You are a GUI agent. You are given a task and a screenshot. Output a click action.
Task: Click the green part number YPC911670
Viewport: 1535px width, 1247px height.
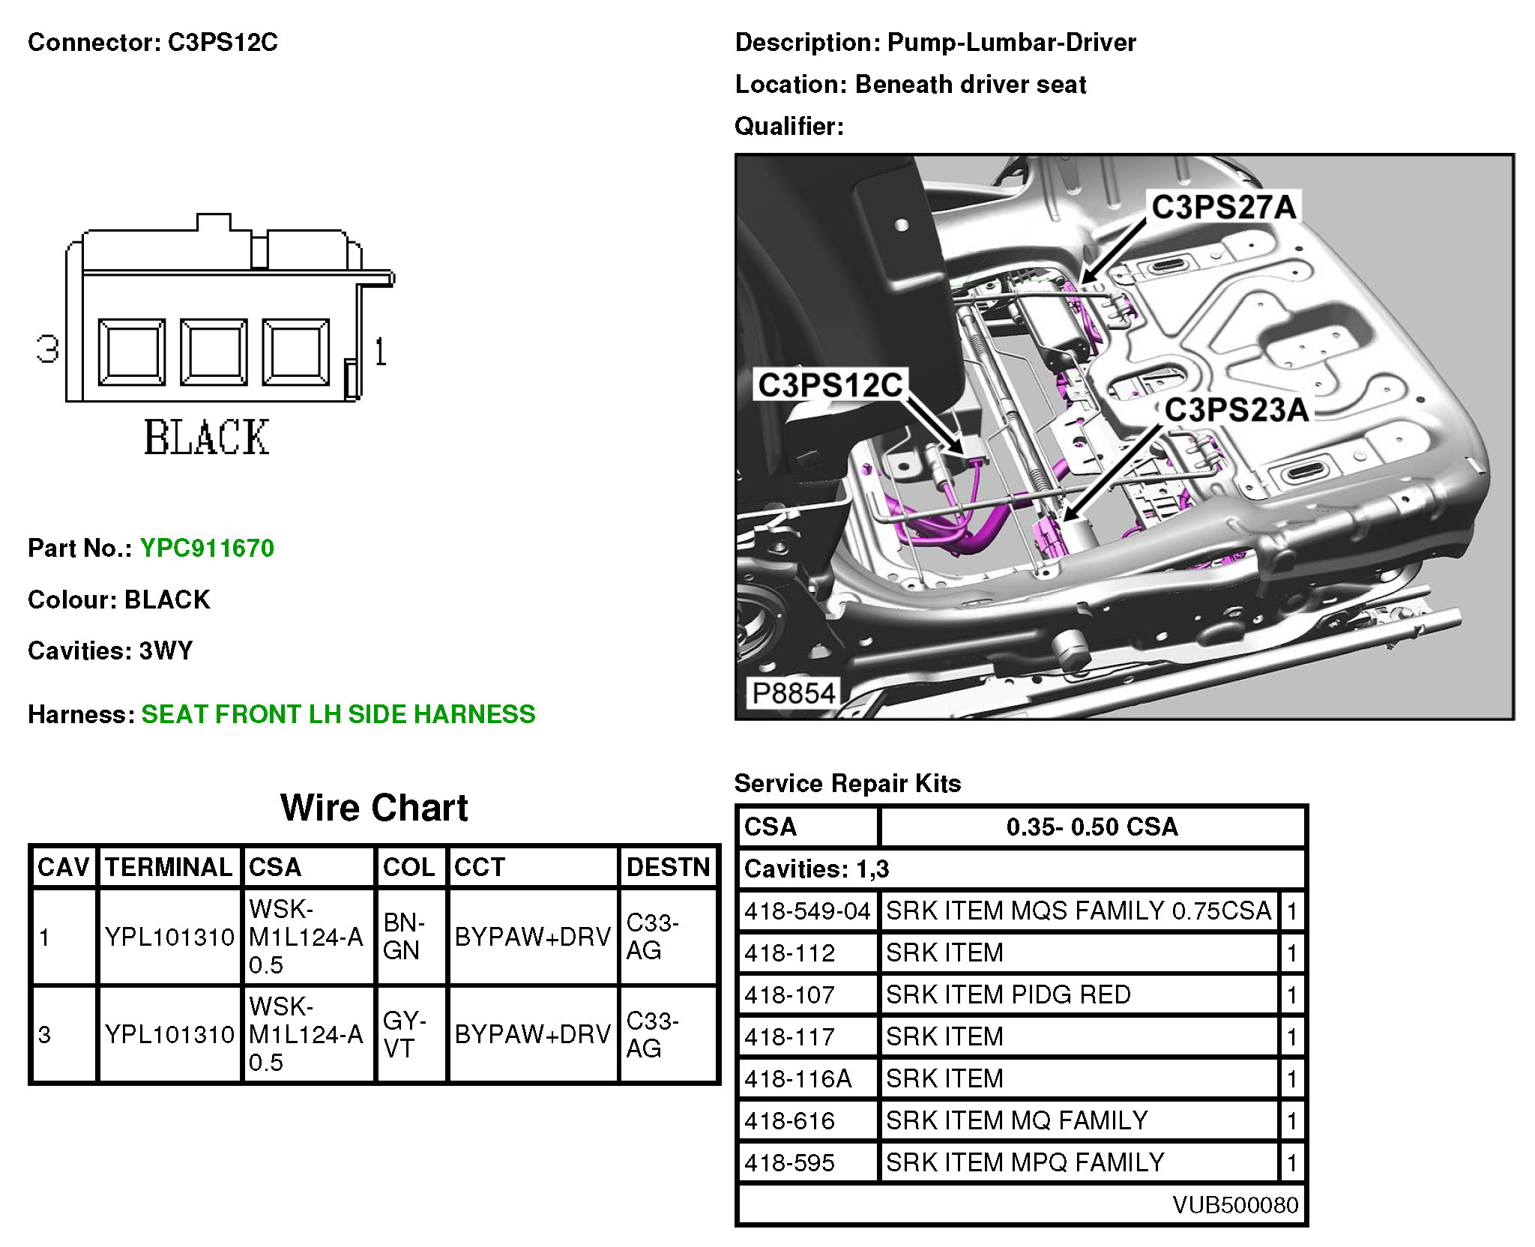207,548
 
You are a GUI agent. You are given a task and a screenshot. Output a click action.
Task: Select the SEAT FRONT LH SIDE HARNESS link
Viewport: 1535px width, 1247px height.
338,714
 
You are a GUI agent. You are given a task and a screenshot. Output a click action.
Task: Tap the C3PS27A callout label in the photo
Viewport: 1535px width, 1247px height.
1224,208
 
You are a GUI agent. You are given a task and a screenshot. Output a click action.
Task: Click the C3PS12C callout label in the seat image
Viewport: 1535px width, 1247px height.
830,385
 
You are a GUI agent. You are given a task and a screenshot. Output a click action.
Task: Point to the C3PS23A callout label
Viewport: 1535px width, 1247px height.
1237,410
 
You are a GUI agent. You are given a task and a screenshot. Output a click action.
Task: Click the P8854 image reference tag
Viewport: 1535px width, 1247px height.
793,693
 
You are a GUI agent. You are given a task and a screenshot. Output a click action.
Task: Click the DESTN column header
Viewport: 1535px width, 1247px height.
668,867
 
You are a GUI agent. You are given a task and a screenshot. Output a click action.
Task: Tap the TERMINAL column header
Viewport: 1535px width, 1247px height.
169,867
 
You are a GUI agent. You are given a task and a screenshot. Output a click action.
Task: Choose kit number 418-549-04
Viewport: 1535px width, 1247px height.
807,911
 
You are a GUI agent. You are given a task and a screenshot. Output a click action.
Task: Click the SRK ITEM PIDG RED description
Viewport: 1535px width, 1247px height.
1008,994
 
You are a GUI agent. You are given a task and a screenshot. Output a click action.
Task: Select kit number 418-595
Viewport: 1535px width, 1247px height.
789,1162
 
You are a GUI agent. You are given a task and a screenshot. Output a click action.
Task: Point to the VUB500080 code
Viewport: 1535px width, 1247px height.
1235,1204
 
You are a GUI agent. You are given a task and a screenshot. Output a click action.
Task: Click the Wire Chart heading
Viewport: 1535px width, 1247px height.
374,808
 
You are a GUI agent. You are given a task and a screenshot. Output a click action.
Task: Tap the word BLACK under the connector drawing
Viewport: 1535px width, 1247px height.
206,438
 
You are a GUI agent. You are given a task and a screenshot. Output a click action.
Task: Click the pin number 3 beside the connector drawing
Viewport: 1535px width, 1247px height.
48,349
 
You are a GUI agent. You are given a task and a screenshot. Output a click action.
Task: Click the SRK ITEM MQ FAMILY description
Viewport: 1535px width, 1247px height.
1016,1120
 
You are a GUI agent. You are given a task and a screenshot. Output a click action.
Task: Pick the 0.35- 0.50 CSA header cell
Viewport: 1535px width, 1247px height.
1092,827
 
